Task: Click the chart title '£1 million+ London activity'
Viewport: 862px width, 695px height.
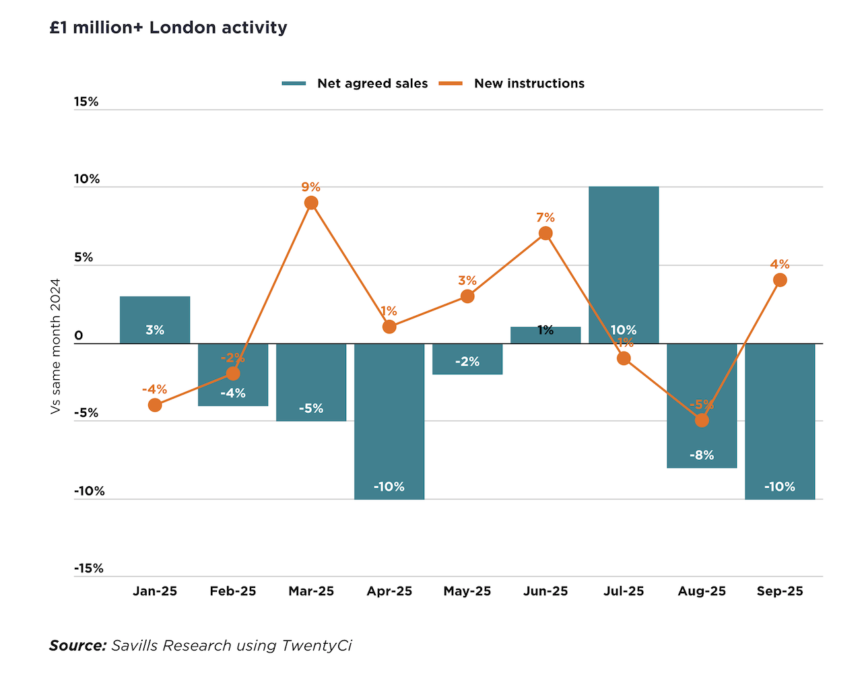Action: pyautogui.click(x=168, y=28)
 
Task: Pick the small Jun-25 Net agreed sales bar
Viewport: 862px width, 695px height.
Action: pyautogui.click(x=545, y=335)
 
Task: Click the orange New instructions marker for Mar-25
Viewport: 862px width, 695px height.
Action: pyautogui.click(x=311, y=203)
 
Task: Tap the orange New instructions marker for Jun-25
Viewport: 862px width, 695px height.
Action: pyautogui.click(x=545, y=234)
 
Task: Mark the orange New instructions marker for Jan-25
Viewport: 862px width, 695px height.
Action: pyautogui.click(x=155, y=405)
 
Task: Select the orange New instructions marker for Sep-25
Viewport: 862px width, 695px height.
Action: pyautogui.click(x=780, y=280)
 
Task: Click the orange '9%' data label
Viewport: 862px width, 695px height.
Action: pyautogui.click(x=311, y=187)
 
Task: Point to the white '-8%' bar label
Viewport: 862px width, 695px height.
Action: pyautogui.click(x=702, y=455)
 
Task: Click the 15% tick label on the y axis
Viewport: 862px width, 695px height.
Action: pyautogui.click(x=86, y=102)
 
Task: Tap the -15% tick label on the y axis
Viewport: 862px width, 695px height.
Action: pyautogui.click(x=89, y=568)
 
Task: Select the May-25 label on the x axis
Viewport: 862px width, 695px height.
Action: pyautogui.click(x=467, y=591)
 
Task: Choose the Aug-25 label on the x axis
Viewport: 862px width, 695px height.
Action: pyautogui.click(x=702, y=591)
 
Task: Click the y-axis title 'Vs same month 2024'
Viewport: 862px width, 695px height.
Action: pyautogui.click(x=56, y=345)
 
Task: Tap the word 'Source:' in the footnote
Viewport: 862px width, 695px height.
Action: pyautogui.click(x=78, y=645)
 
